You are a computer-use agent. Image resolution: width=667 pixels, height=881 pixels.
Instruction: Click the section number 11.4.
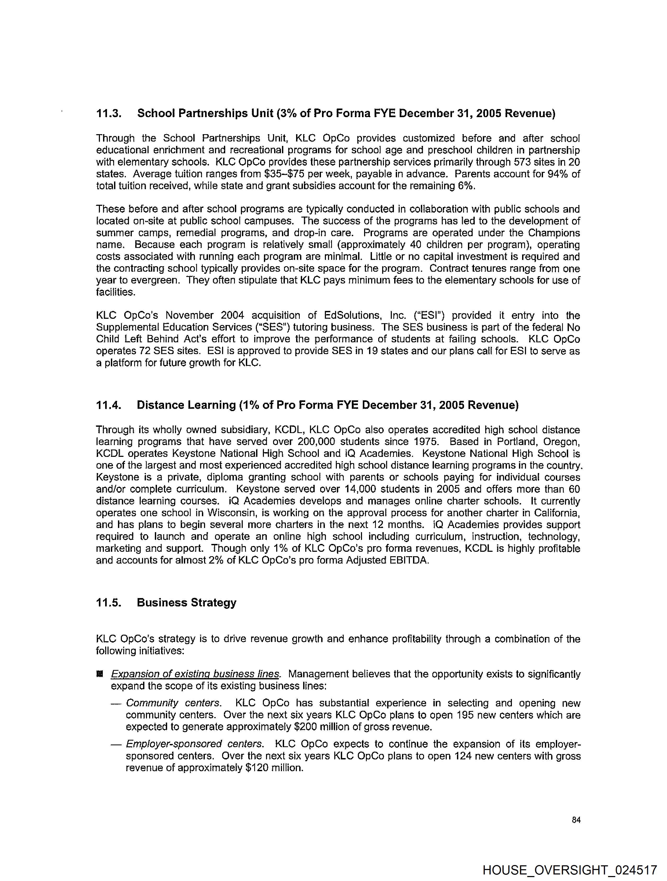click(x=108, y=405)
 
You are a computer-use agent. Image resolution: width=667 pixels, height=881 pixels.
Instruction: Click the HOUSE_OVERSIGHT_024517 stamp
click(x=570, y=870)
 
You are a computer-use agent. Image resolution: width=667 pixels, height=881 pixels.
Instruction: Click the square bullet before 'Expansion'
click(x=100, y=674)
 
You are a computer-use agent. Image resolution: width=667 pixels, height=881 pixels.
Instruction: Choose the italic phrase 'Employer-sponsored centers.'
click(x=195, y=744)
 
